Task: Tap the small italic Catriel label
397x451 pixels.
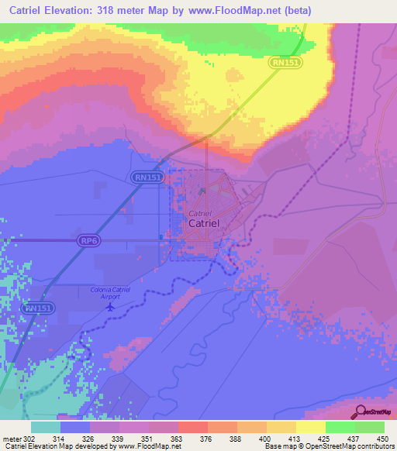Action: [x=199, y=212]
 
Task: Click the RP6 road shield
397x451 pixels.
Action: [x=88, y=242]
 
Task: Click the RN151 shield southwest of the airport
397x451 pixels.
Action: [x=40, y=308]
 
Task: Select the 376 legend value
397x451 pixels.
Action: [x=206, y=438]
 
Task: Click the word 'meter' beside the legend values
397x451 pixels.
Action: [x=10, y=438]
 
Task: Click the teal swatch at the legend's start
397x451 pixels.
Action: [x=45, y=427]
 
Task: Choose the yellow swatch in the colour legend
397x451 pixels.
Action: [x=310, y=427]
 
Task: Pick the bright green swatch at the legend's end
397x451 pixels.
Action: [x=369, y=427]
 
